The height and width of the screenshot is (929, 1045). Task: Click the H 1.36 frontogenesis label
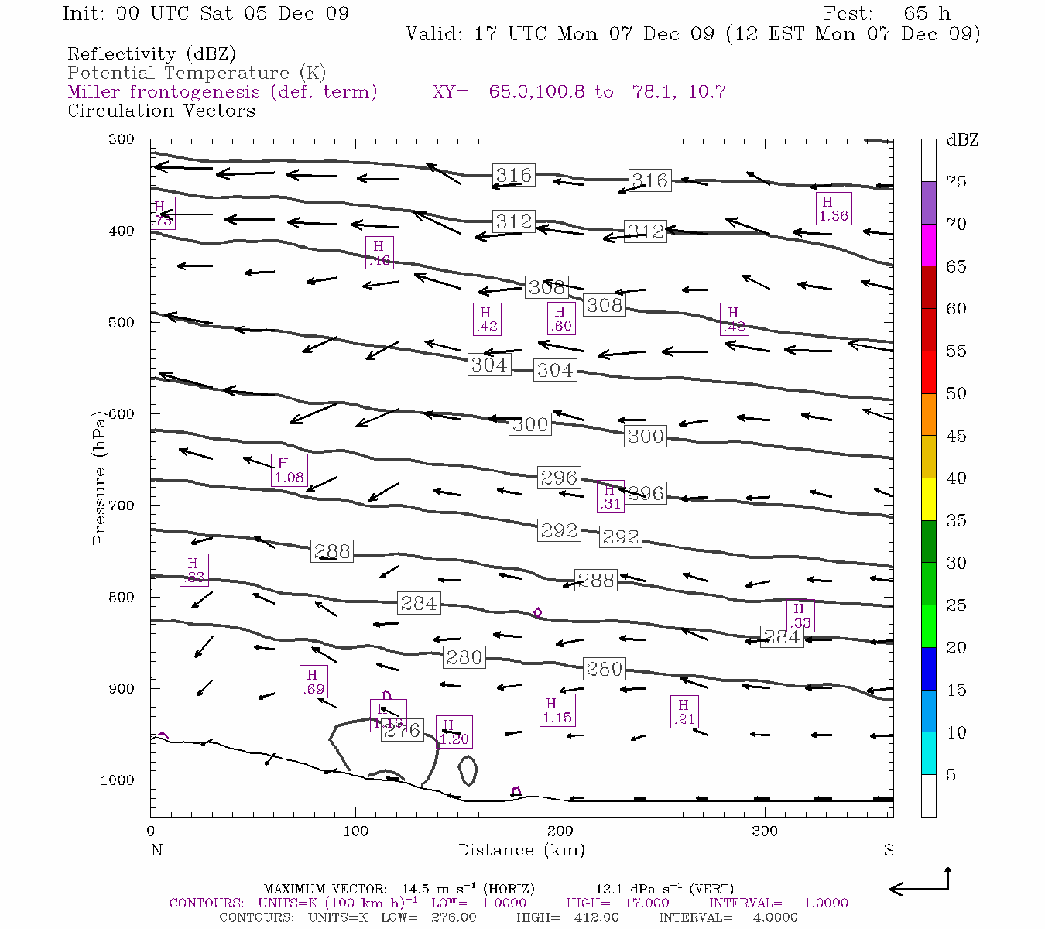pyautogui.click(x=834, y=209)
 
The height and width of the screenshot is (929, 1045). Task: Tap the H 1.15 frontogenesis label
pyautogui.click(x=557, y=711)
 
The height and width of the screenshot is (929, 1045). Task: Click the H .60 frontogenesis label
pyautogui.click(x=560, y=319)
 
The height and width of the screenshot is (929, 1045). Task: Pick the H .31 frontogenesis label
pyautogui.click(x=610, y=496)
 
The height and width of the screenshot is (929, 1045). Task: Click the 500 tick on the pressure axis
pyautogui.click(x=121, y=322)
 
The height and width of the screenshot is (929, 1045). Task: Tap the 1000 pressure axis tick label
pyautogui.click(x=117, y=780)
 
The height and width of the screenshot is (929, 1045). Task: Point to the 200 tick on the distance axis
pyautogui.click(x=560, y=831)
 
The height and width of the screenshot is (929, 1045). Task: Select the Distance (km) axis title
pyautogui.click(x=521, y=851)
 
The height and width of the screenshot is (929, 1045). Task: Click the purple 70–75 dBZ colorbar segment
pyautogui.click(x=928, y=203)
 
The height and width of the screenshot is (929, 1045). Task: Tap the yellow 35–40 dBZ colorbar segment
pyautogui.click(x=928, y=499)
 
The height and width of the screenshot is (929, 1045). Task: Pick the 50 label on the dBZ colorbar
pyautogui.click(x=957, y=394)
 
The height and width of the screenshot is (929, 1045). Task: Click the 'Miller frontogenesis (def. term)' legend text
pyautogui.click(x=222, y=92)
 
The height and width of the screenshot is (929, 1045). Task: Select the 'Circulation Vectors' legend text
pyautogui.click(x=161, y=111)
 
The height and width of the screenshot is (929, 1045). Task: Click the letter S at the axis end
pyautogui.click(x=889, y=850)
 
